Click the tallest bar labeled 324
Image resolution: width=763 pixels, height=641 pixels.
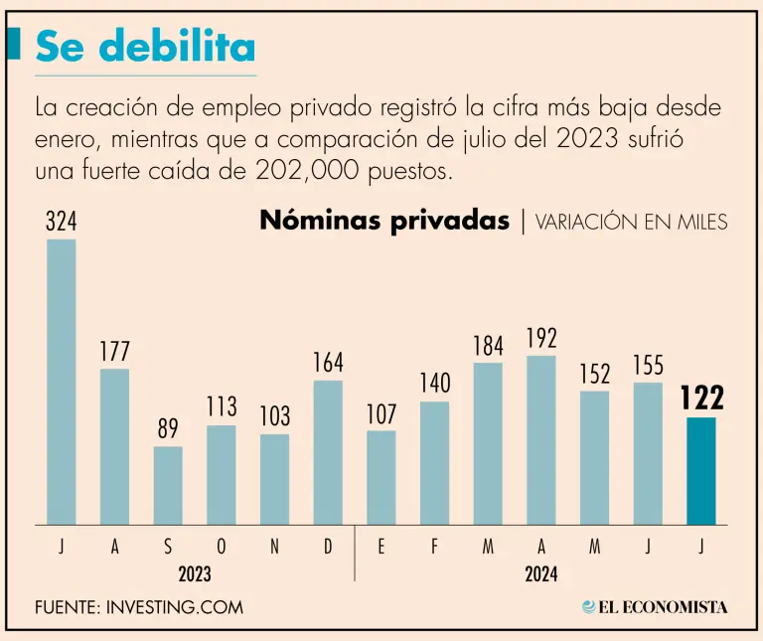tap(61, 382)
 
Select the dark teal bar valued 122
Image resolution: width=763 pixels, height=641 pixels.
tap(700, 471)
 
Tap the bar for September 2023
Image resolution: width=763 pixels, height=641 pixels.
tap(167, 485)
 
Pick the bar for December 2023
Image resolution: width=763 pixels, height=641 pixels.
tap(328, 452)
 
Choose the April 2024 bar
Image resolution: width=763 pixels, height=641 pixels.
tap(541, 439)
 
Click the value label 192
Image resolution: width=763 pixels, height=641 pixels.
tap(541, 339)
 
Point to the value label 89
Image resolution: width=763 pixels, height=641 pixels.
tap(167, 430)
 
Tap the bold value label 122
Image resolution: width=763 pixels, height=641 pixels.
tap(700, 398)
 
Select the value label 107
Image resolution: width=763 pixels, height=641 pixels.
tap(381, 413)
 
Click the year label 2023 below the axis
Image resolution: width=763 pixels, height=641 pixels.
tap(195, 574)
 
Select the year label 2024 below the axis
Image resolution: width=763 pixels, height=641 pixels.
tap(541, 574)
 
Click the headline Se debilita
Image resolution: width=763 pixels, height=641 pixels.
tap(145, 47)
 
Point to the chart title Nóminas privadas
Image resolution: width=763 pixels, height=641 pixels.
tap(383, 221)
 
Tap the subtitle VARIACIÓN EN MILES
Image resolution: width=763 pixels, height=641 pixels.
tap(631, 222)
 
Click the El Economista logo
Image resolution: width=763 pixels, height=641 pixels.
tap(655, 606)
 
